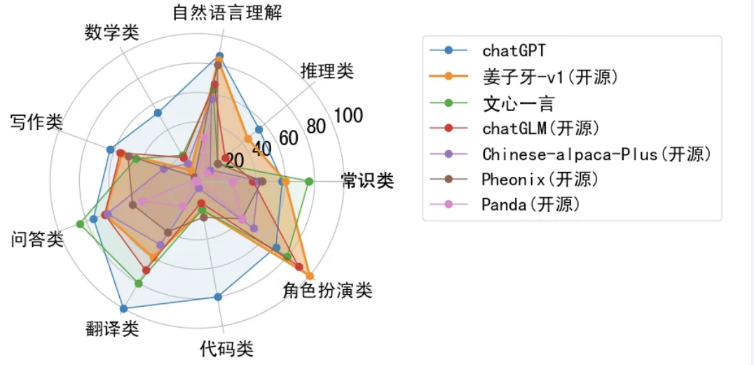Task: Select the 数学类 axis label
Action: point(112,32)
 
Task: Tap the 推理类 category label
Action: point(327,70)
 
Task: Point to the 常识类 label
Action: point(367,180)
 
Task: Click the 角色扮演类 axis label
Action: point(328,290)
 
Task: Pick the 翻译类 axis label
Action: point(112,328)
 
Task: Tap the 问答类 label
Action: point(37,239)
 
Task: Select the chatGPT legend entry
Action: point(514,50)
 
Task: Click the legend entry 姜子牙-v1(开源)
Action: point(550,77)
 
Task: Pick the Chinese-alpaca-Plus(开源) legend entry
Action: point(596,154)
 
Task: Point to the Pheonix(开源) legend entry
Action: point(540,179)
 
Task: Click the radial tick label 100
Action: point(348,116)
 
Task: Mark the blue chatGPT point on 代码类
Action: point(218,297)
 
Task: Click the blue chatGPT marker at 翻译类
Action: point(123,308)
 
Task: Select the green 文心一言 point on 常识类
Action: point(308,181)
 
